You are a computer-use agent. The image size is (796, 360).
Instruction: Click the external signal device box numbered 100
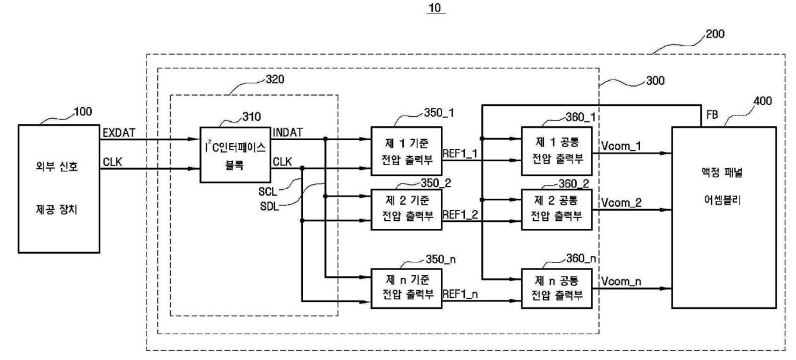click(x=59, y=189)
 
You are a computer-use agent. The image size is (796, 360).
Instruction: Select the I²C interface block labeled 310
click(x=235, y=155)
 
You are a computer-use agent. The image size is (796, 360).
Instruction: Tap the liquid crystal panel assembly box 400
click(x=724, y=218)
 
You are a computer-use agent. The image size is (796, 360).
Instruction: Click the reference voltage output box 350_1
click(x=406, y=151)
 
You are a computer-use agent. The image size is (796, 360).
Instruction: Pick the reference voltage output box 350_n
click(x=406, y=288)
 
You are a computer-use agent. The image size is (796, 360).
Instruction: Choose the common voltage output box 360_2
click(x=557, y=210)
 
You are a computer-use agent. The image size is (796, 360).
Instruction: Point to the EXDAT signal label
click(x=119, y=133)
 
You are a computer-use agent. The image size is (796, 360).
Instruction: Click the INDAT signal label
click(x=288, y=133)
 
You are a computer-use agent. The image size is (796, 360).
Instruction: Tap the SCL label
click(x=268, y=192)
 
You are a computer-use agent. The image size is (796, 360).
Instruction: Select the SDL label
click(x=270, y=207)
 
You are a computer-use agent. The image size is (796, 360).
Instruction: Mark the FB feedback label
click(x=712, y=115)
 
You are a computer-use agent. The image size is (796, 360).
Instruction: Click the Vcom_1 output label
click(x=621, y=146)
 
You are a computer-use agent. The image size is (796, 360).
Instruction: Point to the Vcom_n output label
click(x=621, y=282)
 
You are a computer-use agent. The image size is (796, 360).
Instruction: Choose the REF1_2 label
click(x=460, y=214)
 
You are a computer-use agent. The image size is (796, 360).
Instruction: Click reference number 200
click(x=715, y=34)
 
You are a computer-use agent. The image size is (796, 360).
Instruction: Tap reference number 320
click(x=275, y=79)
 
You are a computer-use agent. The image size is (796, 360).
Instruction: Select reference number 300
click(x=655, y=81)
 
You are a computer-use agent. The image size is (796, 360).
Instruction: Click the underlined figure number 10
click(x=435, y=8)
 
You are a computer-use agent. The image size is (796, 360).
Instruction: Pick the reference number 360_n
click(x=581, y=259)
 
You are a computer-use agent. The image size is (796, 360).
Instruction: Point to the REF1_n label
click(x=460, y=295)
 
